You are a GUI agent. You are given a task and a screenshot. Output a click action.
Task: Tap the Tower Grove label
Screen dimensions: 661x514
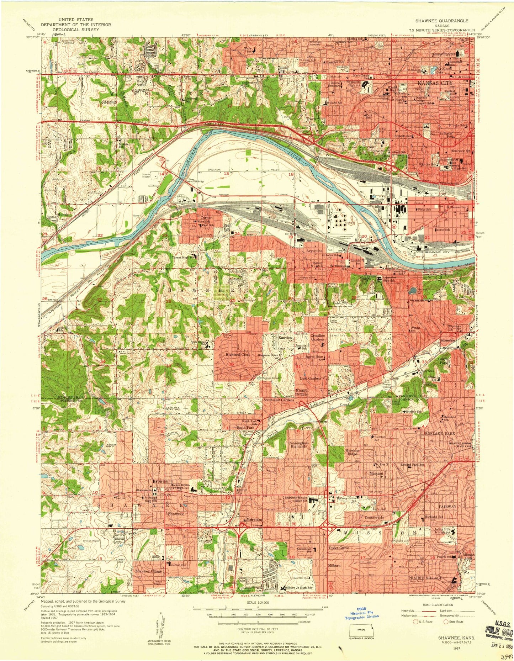(x=338, y=548)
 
